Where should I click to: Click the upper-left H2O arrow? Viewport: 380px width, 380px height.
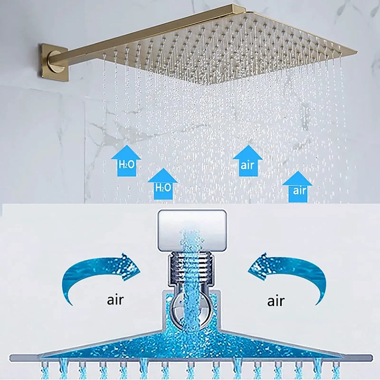[126, 161]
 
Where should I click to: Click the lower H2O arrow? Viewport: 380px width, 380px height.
[163, 184]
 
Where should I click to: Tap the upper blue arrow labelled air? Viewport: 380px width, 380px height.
[247, 161]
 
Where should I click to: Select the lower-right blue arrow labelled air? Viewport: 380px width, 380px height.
[297, 187]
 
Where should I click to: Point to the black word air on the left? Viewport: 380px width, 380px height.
[115, 300]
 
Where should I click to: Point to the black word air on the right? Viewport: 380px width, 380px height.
[275, 301]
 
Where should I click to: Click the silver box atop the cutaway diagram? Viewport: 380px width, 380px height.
[192, 230]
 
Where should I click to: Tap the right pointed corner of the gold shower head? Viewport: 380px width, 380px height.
[357, 51]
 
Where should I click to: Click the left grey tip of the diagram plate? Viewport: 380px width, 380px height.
[11, 358]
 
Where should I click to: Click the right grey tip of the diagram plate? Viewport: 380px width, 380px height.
[371, 358]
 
